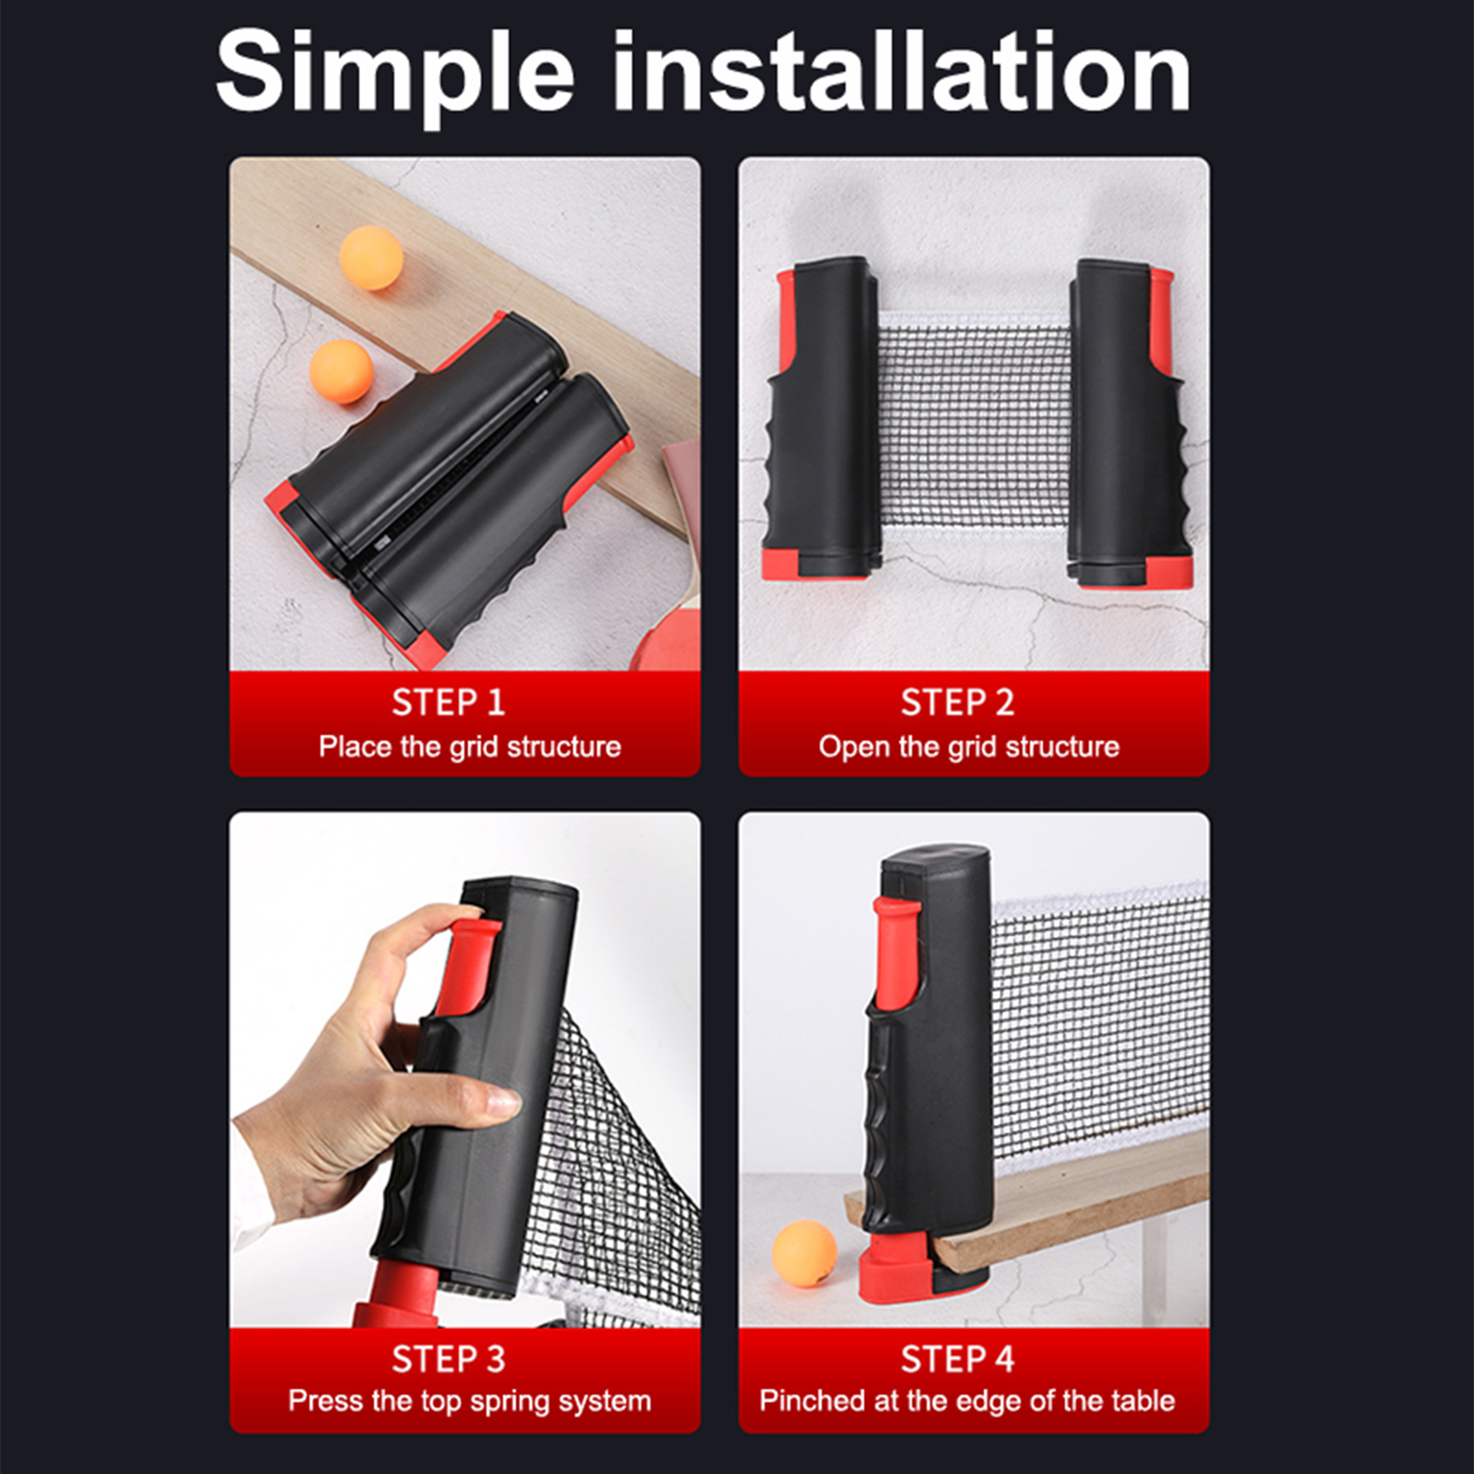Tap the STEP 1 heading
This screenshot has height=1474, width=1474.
[x=449, y=703]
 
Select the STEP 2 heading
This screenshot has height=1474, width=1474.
[x=957, y=703]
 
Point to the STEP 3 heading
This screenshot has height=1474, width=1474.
[x=449, y=1359]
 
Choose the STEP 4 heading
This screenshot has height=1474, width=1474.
[x=957, y=1359]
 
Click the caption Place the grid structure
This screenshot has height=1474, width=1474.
[x=470, y=746]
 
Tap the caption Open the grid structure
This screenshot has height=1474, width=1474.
[x=969, y=746]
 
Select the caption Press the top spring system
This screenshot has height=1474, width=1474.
[x=470, y=1401]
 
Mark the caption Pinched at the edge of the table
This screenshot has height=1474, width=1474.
[x=967, y=1400]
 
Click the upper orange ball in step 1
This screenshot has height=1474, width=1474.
[x=371, y=258]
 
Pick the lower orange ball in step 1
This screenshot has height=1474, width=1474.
[x=342, y=372]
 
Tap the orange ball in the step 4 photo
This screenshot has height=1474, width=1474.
[x=804, y=1253]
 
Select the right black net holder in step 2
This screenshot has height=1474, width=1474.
[x=1130, y=424]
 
